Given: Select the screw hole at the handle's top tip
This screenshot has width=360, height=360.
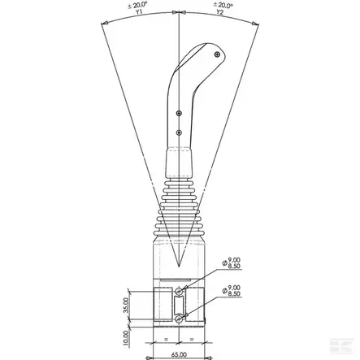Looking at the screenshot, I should coord(217,54).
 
